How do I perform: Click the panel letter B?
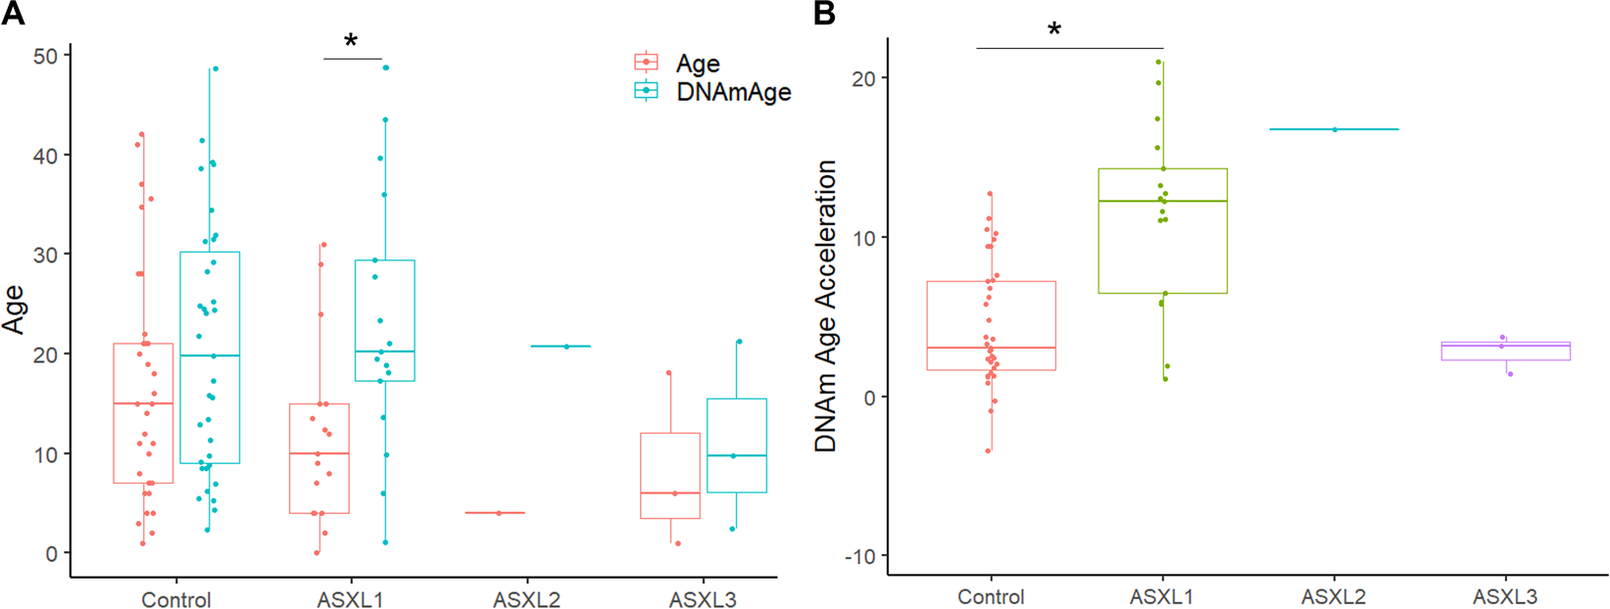tap(824, 13)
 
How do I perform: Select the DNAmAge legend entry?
tap(733, 91)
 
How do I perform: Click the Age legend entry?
tap(698, 64)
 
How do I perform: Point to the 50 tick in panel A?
tap(46, 57)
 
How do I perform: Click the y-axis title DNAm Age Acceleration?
tap(826, 305)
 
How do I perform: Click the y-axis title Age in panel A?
tap(14, 308)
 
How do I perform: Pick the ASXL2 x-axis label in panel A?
tap(526, 599)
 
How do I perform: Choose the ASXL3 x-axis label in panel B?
tap(1505, 596)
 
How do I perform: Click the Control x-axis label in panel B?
tap(991, 596)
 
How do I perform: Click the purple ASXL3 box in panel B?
tap(1505, 351)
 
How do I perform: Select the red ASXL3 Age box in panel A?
tap(670, 475)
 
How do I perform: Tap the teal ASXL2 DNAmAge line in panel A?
tap(561, 347)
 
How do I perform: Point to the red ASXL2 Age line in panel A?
tap(495, 512)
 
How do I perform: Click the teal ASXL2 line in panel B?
tap(1334, 129)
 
